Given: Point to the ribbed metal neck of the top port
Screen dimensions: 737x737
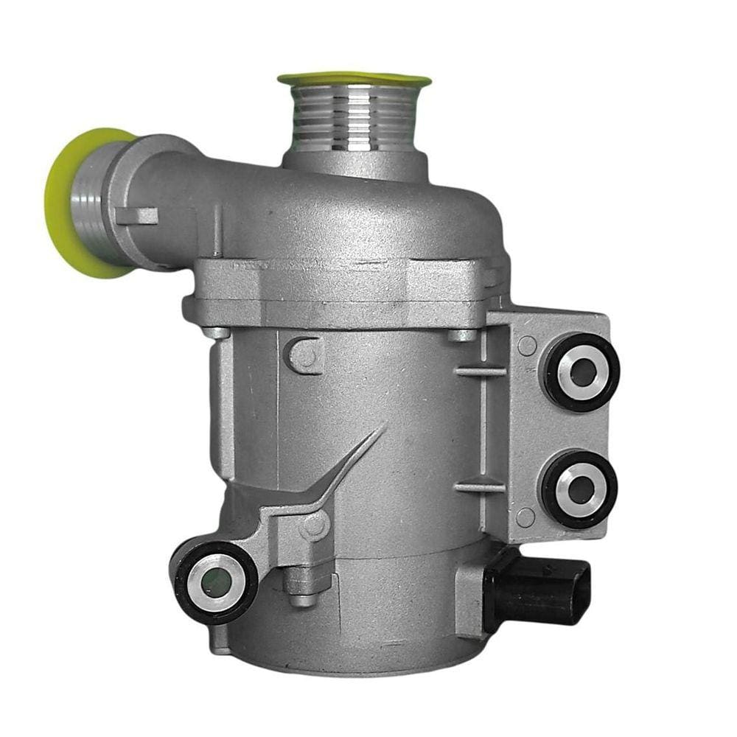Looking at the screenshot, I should click(x=354, y=118).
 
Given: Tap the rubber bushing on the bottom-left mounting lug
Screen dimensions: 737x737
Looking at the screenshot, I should click(x=216, y=582).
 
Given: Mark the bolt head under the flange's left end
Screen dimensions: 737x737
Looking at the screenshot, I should click(x=215, y=331).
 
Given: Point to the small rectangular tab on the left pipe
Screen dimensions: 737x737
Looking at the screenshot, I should click(x=137, y=216).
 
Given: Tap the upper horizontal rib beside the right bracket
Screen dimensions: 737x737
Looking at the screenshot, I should click(x=480, y=370).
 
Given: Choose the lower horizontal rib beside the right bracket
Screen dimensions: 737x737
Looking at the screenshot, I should click(x=480, y=487).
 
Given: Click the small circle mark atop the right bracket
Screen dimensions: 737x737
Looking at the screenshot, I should click(x=527, y=344).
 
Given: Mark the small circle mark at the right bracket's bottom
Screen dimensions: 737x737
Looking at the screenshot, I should click(x=525, y=517).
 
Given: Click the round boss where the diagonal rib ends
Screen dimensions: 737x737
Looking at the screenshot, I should click(x=316, y=525).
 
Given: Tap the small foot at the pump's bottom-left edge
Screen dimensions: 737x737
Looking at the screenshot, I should click(x=219, y=649).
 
